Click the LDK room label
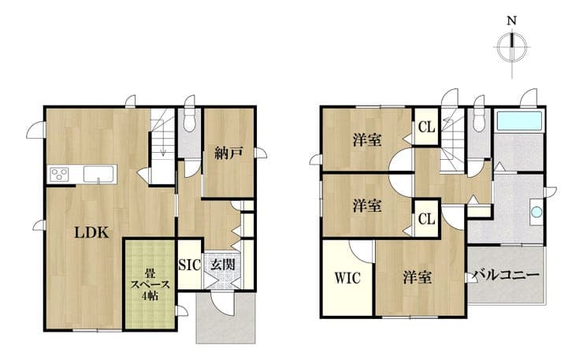coord(91,233)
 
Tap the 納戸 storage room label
coord(228,153)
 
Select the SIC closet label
coord(189,265)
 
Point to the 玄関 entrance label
coord(223,265)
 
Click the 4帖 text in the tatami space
coord(149,296)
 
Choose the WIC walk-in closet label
coord(347,278)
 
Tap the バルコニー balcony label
coord(506,276)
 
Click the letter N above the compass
coord(512,21)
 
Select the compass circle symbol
coord(512,47)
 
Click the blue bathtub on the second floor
coord(519,121)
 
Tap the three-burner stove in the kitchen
coord(60,173)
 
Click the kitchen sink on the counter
coord(98,174)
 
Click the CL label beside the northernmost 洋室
coord(426,128)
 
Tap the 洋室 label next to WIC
coord(418,278)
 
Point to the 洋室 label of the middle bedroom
coord(367,206)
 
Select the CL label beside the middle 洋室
coord(426,219)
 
